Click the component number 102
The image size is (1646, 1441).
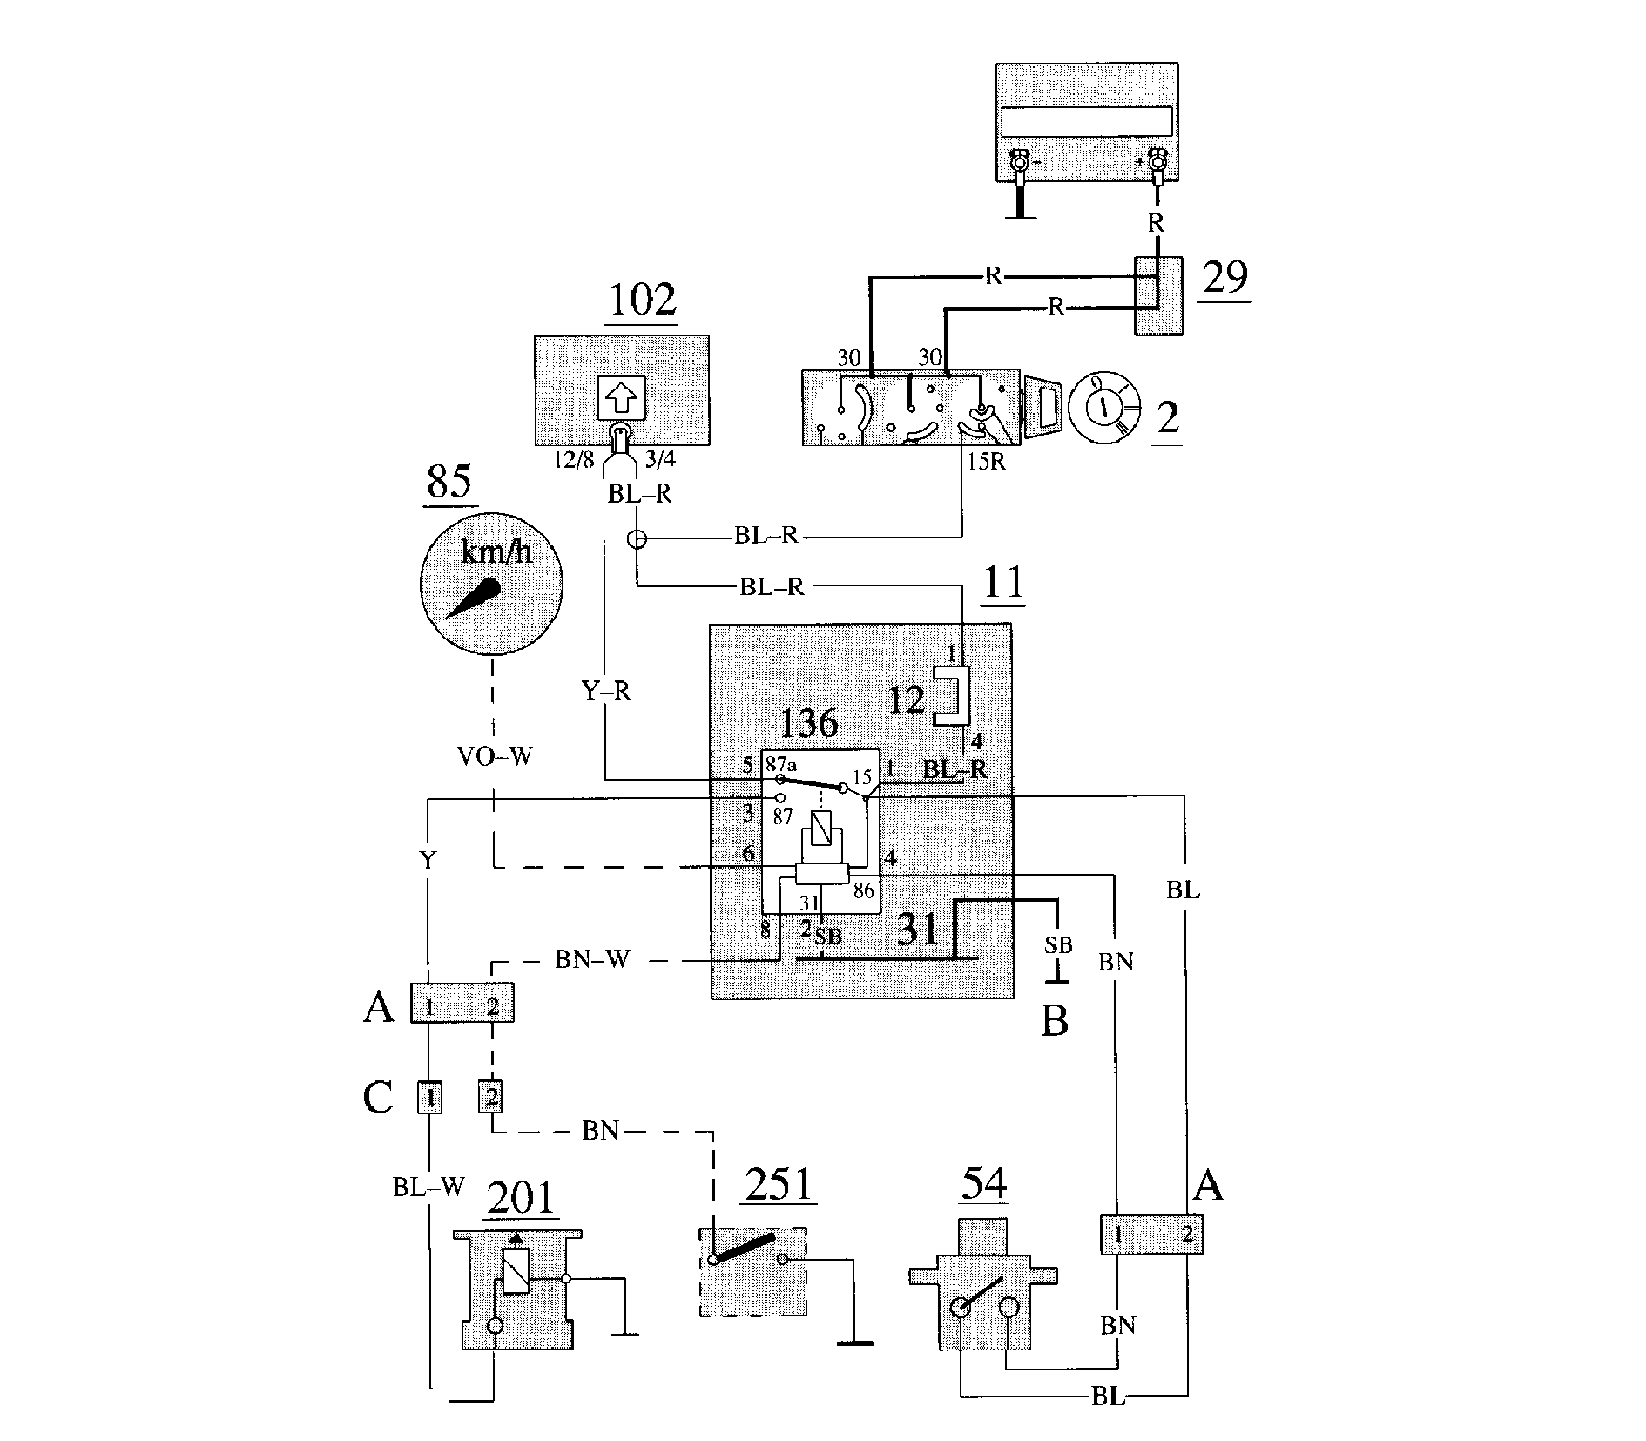click(642, 300)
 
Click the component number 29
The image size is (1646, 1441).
click(1224, 276)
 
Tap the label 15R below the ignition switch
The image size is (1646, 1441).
click(986, 462)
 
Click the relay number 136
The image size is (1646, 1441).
click(809, 722)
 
